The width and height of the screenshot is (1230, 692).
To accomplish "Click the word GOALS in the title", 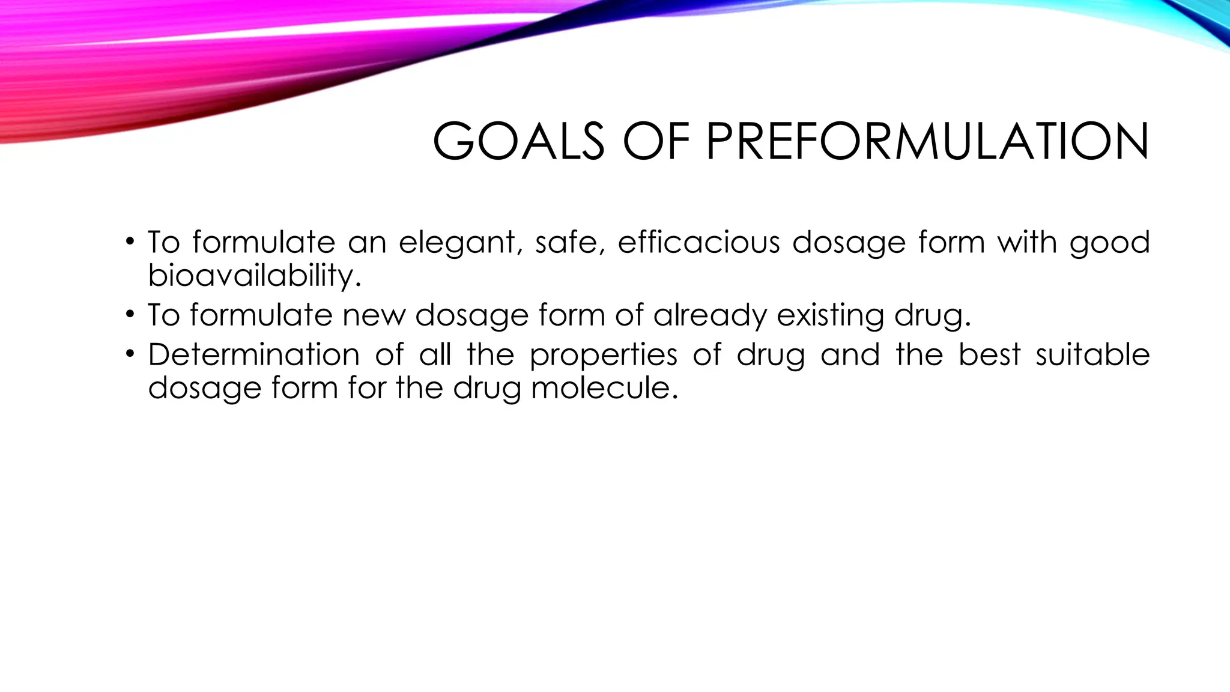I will tap(518, 142).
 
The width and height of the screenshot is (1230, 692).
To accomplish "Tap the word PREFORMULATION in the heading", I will tap(927, 142).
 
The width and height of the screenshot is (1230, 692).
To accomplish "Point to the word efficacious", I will tap(698, 242).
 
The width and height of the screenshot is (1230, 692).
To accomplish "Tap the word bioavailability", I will tap(255, 276).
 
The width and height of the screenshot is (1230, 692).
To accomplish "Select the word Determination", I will tap(253, 354).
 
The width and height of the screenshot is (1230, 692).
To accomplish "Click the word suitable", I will tap(1092, 354).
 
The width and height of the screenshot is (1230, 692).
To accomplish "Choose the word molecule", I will tap(604, 387).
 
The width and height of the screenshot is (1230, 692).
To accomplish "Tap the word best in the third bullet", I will tap(989, 354).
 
